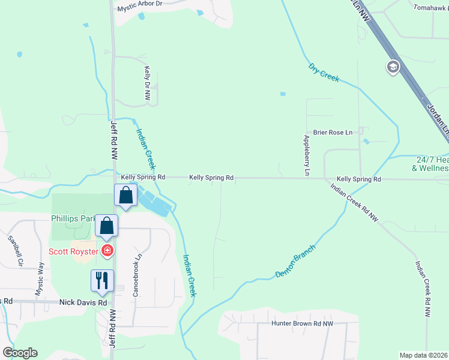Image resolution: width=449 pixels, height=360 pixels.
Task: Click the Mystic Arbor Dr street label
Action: [x=140, y=4]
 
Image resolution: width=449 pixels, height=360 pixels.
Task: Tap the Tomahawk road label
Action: [x=431, y=8]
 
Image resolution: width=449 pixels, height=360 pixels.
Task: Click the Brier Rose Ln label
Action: [x=332, y=132]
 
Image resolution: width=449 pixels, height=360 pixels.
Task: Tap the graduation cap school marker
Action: [x=394, y=66]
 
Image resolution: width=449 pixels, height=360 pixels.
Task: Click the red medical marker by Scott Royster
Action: [x=107, y=250]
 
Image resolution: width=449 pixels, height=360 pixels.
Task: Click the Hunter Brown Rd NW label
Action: [x=303, y=324]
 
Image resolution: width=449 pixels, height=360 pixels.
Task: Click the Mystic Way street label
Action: [x=40, y=278]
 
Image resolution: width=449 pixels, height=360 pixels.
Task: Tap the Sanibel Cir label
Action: [x=14, y=250]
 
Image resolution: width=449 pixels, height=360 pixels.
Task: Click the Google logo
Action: [x=20, y=353]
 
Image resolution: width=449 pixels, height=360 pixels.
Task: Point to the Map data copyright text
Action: [x=424, y=355]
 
